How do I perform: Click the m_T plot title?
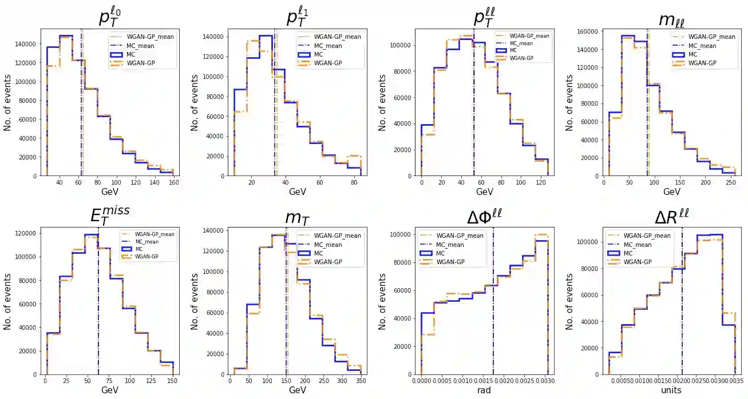point(298,218)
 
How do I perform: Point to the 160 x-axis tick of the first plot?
point(174,183)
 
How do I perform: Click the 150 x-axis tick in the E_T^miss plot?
point(172,381)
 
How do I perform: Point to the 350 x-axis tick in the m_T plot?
point(361,381)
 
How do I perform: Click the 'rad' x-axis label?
point(484,391)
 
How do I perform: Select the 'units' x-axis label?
point(671,391)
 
